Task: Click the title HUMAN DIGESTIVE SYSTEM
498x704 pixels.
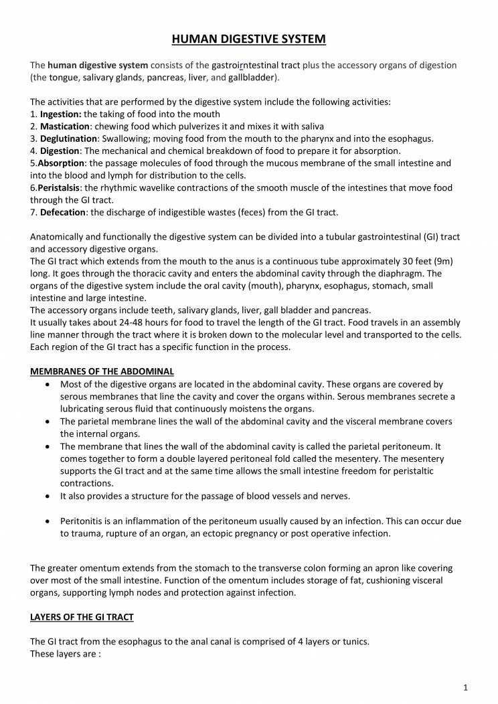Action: [249, 39]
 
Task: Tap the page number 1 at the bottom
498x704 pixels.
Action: [465, 687]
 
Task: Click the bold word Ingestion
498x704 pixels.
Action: [61, 114]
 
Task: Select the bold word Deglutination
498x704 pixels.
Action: [68, 139]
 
